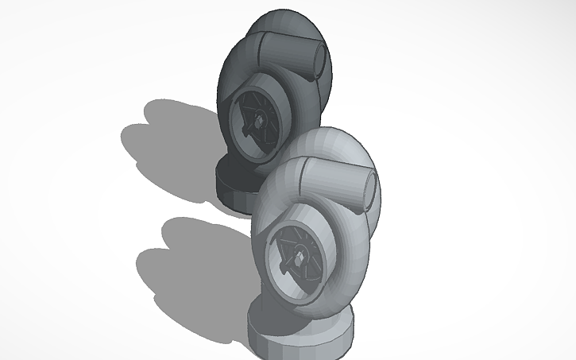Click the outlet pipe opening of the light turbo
click(x=369, y=188)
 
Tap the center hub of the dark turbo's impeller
click(x=258, y=121)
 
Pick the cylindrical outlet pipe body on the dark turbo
click(x=290, y=52)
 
